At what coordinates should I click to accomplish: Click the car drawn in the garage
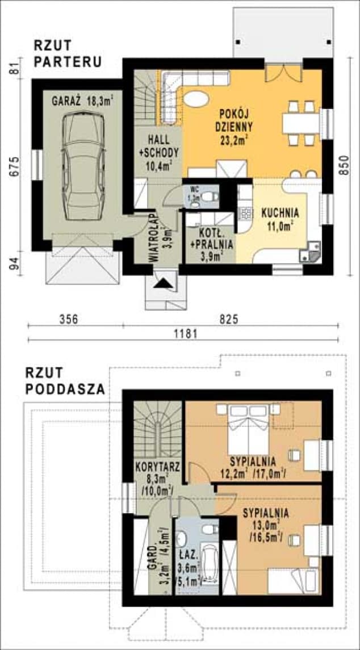[x=82, y=166]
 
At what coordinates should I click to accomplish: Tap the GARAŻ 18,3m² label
[x=82, y=102]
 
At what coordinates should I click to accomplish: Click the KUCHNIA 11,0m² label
[x=279, y=219]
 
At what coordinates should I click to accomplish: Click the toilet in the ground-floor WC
[x=211, y=196]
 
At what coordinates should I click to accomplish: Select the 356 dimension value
[x=69, y=319]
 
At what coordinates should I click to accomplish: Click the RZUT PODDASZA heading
[x=64, y=381]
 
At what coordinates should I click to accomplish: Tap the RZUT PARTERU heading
[x=68, y=54]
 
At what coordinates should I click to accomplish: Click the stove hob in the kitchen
[x=246, y=214]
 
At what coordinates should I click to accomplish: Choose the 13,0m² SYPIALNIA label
[x=266, y=523]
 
